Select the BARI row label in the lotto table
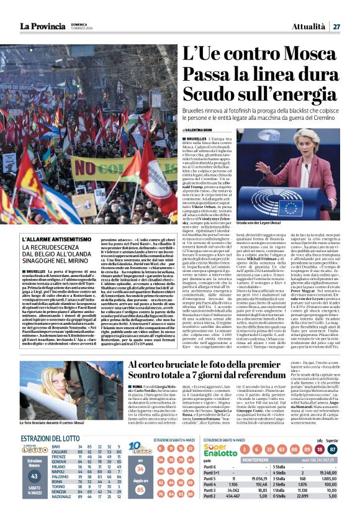[56, 447]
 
